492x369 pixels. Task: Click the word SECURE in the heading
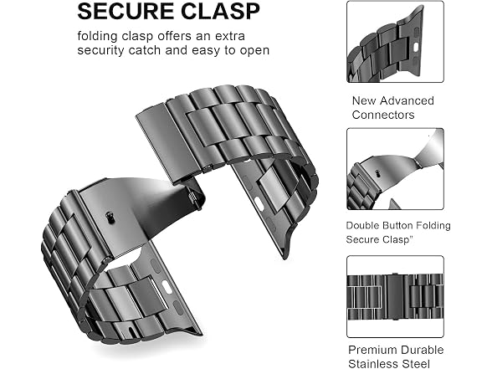pyautogui.click(x=126, y=12)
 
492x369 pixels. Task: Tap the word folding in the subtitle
pyautogui.click(x=97, y=37)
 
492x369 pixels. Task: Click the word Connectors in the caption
pyautogui.click(x=383, y=115)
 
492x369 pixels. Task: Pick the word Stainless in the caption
pyautogui.click(x=373, y=364)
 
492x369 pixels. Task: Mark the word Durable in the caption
pyautogui.click(x=423, y=350)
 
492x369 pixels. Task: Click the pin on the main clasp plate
pyautogui.click(x=110, y=218)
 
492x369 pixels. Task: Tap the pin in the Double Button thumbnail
pyautogui.click(x=378, y=173)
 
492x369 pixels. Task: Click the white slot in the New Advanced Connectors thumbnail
pyautogui.click(x=417, y=48)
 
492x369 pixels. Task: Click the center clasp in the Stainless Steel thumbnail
pyautogui.click(x=395, y=296)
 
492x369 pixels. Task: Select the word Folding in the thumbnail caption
pyautogui.click(x=435, y=226)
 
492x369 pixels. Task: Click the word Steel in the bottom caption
pyautogui.click(x=416, y=364)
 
